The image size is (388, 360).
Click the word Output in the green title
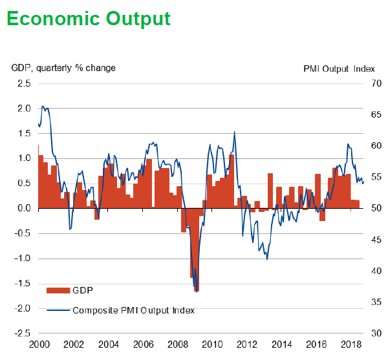[138, 19]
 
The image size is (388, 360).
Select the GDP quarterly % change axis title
[63, 68]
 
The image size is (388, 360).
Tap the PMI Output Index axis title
[339, 68]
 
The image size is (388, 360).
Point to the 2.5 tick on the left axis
[23, 83]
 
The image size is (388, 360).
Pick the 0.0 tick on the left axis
[23, 208]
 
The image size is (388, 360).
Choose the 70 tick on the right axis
[374, 83]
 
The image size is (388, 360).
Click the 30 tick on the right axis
[374, 334]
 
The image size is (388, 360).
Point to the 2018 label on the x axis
[350, 344]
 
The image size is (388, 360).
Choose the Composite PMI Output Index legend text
[133, 310]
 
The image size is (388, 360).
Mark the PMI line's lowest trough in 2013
[267, 259]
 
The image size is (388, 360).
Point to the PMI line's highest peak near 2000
[42, 106]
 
